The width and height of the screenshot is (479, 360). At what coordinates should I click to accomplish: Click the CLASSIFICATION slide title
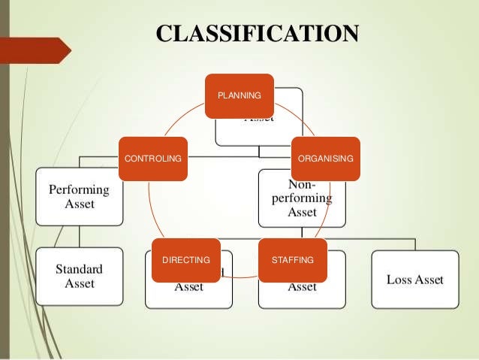(x=258, y=34)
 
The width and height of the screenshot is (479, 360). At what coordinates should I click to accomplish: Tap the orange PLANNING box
(x=239, y=95)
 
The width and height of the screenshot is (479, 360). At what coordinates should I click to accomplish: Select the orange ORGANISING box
(x=325, y=159)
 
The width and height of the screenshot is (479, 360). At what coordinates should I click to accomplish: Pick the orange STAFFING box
(x=293, y=260)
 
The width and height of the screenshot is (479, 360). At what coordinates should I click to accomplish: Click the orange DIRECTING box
(x=185, y=260)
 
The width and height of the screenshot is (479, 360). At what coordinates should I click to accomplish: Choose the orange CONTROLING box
(x=152, y=159)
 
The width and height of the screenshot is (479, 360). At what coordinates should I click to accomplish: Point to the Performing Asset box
(x=80, y=196)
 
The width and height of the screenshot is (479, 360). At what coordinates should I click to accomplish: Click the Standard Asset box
(x=80, y=276)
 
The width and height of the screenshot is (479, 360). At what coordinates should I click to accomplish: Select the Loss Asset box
(x=414, y=280)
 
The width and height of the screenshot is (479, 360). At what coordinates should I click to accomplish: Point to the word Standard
(x=80, y=268)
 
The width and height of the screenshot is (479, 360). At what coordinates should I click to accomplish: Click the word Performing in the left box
(x=80, y=189)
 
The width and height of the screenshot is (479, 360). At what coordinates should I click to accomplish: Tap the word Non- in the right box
(x=302, y=184)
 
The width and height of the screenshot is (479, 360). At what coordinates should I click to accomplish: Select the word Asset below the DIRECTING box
(x=188, y=286)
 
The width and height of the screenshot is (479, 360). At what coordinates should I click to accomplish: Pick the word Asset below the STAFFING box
(x=302, y=286)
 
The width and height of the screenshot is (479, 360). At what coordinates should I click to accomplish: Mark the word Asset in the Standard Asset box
(x=80, y=283)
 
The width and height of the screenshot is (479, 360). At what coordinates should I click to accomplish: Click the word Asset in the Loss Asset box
(x=429, y=280)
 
